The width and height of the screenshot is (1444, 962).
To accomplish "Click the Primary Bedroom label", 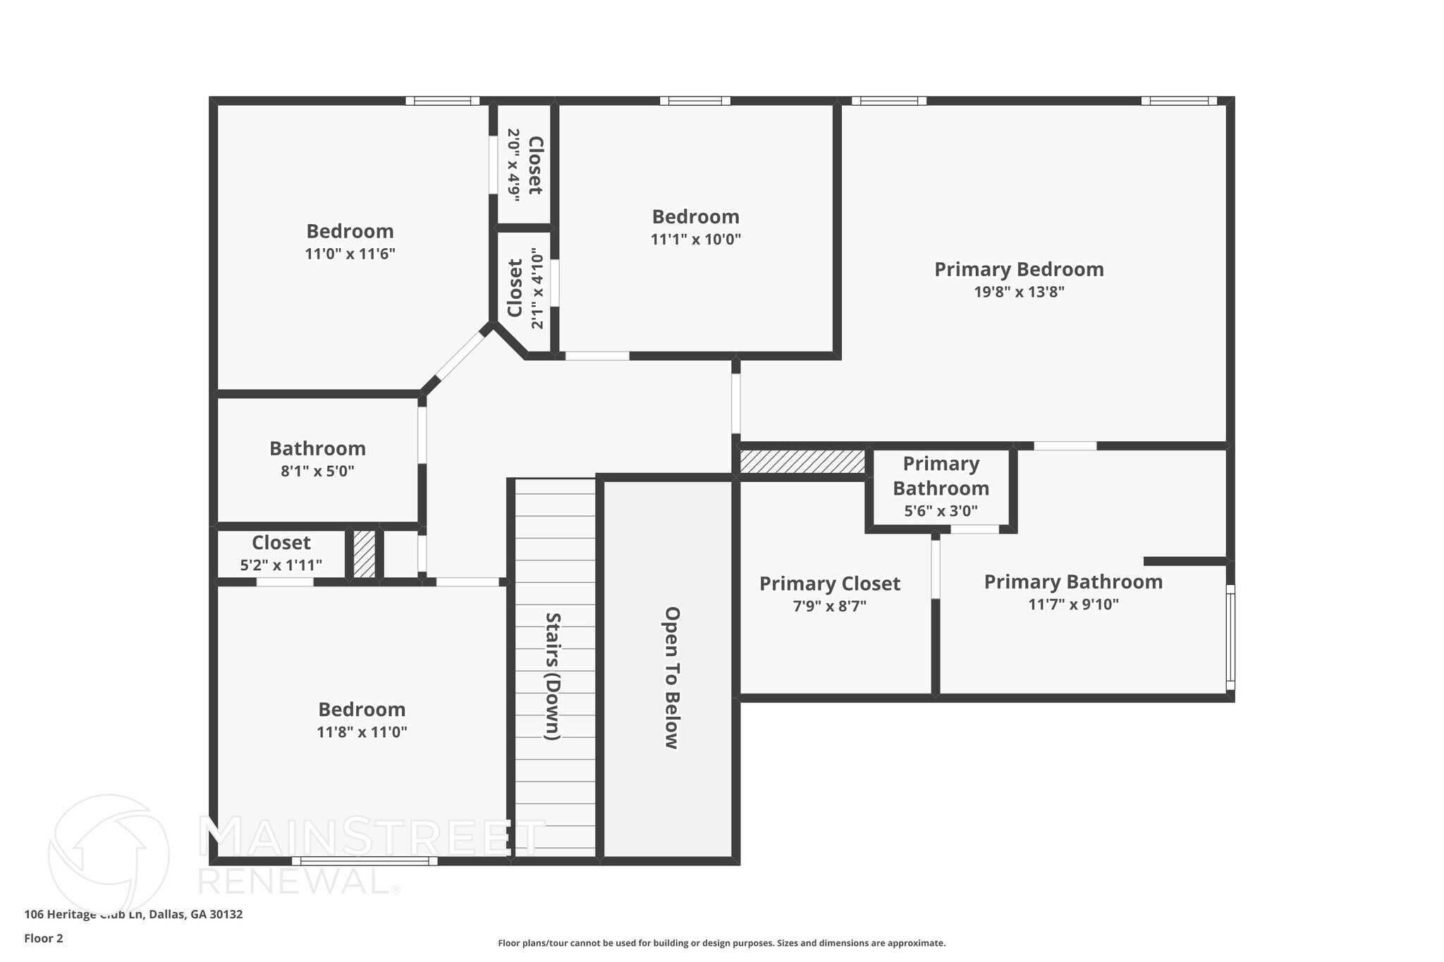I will [x=1019, y=269].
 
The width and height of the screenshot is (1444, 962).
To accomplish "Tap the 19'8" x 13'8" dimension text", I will [x=1019, y=292].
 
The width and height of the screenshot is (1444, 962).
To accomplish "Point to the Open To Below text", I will [x=671, y=677].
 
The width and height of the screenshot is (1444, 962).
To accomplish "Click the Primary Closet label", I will [x=829, y=584].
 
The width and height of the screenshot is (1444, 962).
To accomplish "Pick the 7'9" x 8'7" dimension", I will [x=829, y=606].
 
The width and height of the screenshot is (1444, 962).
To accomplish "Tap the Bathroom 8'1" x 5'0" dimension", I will [x=317, y=471].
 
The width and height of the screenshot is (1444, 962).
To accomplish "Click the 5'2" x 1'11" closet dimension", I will [x=281, y=565].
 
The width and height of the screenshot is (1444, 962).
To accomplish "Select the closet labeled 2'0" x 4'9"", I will [x=524, y=165].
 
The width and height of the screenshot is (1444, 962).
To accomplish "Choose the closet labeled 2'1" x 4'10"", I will [x=525, y=288].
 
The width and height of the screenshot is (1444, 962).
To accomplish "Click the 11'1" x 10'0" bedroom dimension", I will [x=695, y=240].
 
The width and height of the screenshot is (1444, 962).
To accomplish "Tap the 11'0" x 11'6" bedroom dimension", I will [x=350, y=254].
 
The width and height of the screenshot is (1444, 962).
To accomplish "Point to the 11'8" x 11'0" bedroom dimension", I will [x=362, y=732].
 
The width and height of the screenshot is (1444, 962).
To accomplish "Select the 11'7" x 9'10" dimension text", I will [x=1073, y=605].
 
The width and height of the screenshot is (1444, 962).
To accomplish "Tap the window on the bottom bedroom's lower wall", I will [x=365, y=861].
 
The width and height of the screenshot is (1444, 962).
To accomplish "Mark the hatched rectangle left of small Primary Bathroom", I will [x=802, y=462].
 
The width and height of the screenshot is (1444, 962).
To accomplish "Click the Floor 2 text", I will [x=44, y=938].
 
